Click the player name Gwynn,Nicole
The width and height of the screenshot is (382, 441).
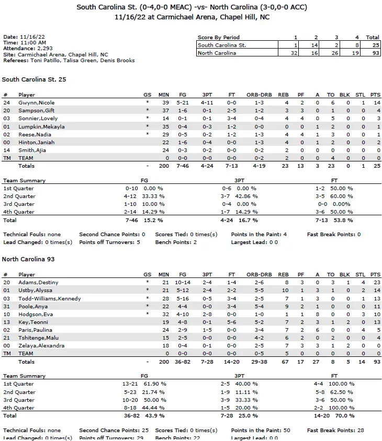click(x=36, y=103)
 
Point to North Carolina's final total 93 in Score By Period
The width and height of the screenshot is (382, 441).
click(x=373, y=53)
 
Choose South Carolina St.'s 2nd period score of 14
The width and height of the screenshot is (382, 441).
click(x=316, y=45)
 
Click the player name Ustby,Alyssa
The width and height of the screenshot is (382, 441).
click(x=36, y=290)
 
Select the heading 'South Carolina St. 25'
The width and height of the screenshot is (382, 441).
click(x=34, y=79)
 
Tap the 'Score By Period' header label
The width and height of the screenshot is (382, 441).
click(x=219, y=38)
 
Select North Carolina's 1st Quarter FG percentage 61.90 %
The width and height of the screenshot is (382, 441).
click(x=154, y=384)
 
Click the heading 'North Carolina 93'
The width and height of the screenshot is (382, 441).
click(x=28, y=259)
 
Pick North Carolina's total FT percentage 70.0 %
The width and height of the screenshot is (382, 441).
click(x=341, y=415)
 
